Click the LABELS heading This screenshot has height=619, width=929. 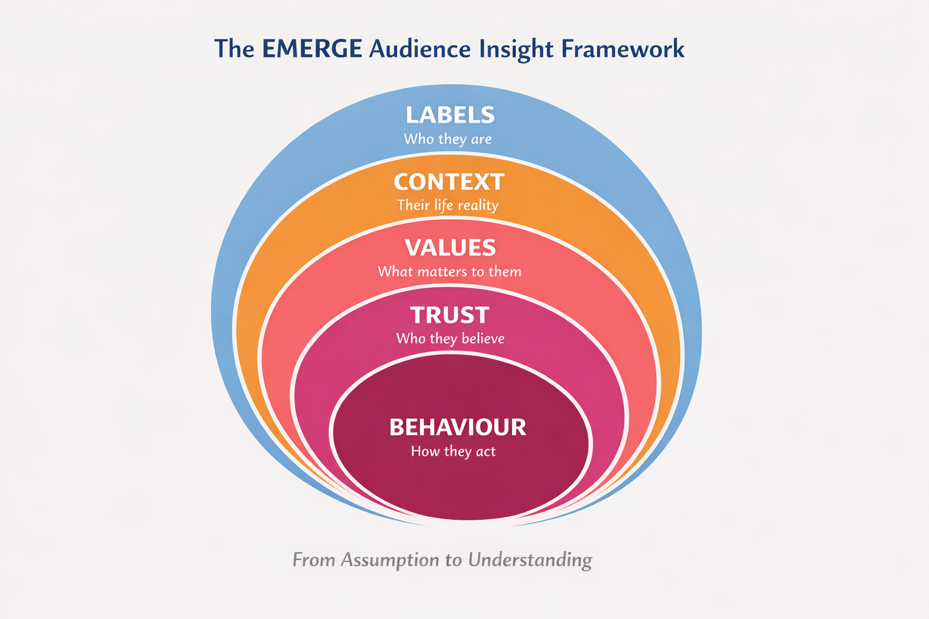pyautogui.click(x=450, y=115)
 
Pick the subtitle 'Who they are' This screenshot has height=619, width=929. pyautogui.click(x=448, y=139)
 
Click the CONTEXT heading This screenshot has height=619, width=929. pyautogui.click(x=449, y=182)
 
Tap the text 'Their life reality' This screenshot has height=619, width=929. pyautogui.click(x=448, y=206)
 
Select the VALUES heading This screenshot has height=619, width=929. pyautogui.click(x=450, y=248)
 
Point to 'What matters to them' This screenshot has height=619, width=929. pyautogui.click(x=449, y=271)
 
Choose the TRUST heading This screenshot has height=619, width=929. pyautogui.click(x=449, y=315)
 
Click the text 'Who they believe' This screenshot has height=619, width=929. pyautogui.click(x=450, y=339)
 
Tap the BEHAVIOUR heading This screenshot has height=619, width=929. pyautogui.click(x=457, y=427)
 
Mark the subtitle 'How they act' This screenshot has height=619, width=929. pyautogui.click(x=453, y=452)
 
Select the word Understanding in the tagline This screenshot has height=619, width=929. pyautogui.click(x=530, y=560)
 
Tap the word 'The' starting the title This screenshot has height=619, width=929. pyautogui.click(x=234, y=49)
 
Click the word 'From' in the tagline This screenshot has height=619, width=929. pyautogui.click(x=313, y=560)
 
